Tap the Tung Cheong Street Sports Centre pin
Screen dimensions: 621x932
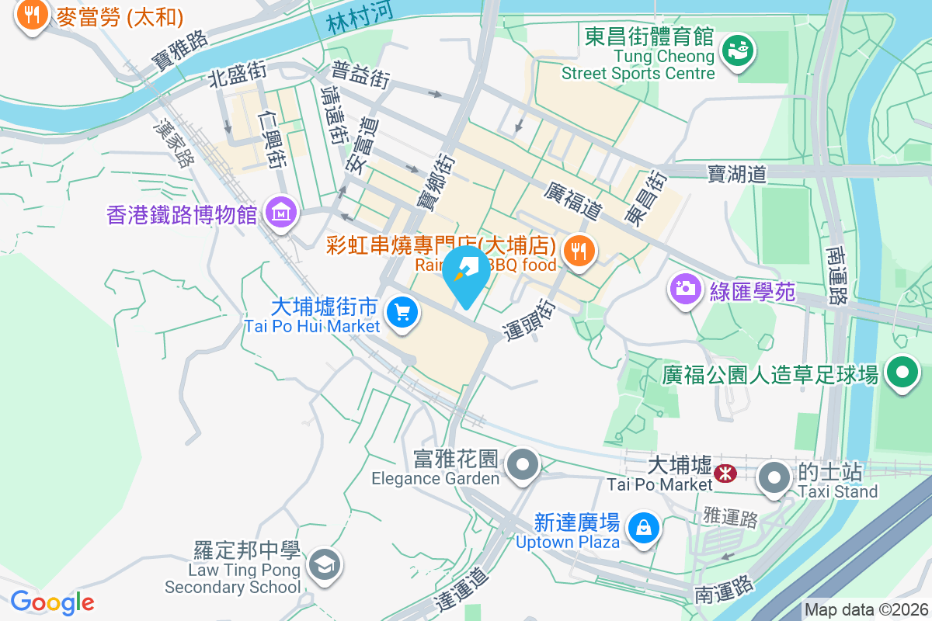tap(733, 51)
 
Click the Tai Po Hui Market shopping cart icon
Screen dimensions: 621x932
tap(402, 313)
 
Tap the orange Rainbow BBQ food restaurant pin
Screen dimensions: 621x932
tap(578, 251)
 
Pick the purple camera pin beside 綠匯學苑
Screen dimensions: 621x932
tap(685, 290)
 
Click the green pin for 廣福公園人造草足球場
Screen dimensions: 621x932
tap(902, 373)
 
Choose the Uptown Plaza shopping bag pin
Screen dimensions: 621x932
tap(643, 527)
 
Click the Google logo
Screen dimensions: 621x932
tap(52, 602)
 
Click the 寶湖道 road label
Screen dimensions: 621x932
tap(737, 173)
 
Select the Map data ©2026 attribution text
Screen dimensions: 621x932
tap(865, 610)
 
